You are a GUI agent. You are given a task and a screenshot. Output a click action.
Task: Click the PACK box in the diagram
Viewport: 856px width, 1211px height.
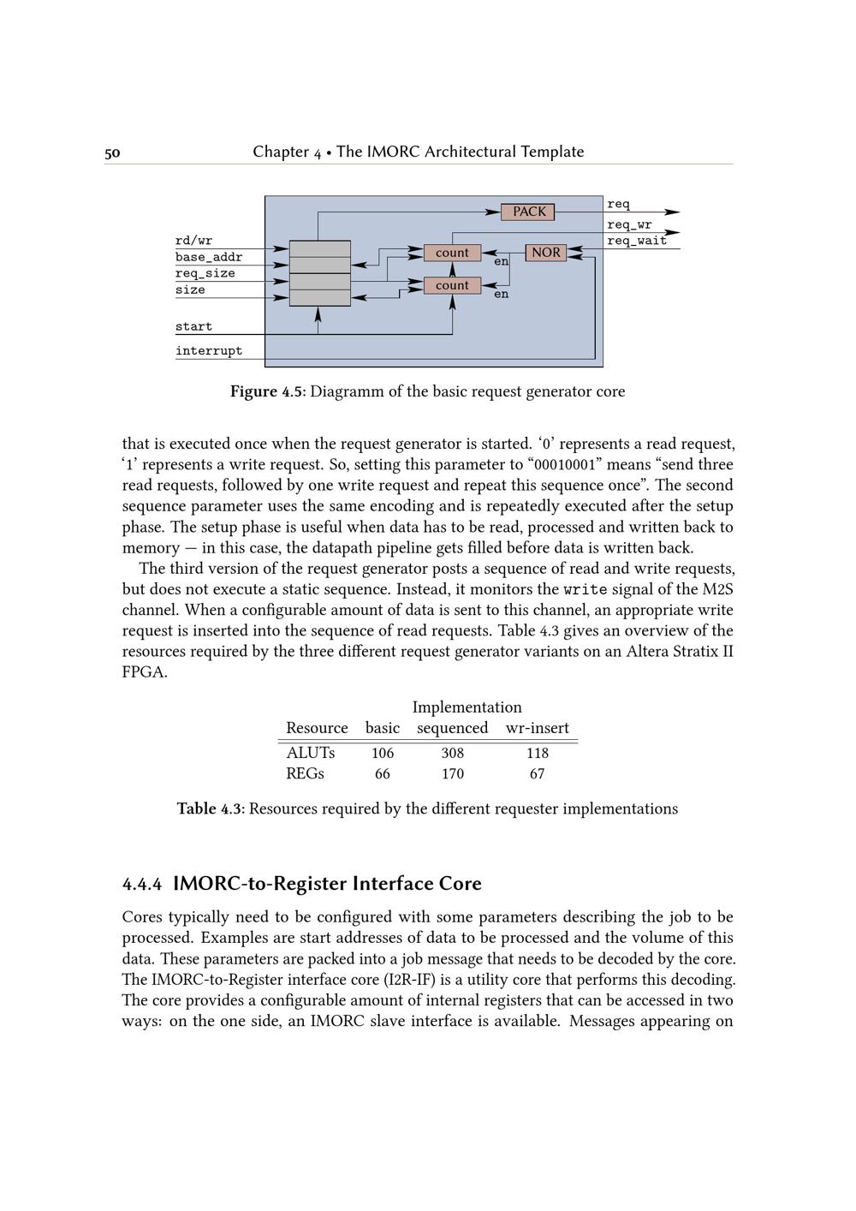coord(529,212)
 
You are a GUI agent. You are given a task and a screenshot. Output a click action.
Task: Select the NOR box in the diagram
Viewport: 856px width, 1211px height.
coord(546,253)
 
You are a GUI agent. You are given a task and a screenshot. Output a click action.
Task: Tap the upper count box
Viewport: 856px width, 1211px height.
coord(452,253)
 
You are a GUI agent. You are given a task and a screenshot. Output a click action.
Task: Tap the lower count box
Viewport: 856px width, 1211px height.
coord(452,285)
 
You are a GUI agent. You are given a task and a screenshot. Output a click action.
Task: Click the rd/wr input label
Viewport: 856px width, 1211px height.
coord(193,241)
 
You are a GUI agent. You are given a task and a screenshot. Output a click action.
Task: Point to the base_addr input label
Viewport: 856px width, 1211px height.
coord(209,257)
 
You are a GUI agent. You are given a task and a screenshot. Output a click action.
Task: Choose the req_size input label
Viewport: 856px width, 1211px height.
coord(205,273)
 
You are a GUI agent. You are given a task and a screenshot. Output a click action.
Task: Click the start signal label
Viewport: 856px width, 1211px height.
coord(193,326)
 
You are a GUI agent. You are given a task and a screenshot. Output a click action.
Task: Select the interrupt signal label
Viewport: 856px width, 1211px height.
coord(209,350)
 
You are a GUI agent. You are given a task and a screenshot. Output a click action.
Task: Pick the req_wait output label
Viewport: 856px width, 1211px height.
coord(637,241)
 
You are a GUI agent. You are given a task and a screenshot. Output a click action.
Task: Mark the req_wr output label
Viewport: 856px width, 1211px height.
coord(629,225)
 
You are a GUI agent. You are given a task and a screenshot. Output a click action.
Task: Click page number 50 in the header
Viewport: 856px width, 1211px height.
coord(112,153)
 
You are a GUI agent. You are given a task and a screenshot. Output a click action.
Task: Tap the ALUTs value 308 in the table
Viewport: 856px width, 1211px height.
coord(453,753)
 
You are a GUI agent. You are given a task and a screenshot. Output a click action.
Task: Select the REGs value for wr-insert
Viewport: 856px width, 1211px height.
coord(537,773)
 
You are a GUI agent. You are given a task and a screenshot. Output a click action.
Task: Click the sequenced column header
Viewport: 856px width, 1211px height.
coord(452,728)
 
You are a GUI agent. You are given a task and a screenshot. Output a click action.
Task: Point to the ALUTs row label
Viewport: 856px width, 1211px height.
coord(310,753)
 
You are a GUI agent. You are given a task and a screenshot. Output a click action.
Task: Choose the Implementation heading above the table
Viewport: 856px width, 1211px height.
coord(467,707)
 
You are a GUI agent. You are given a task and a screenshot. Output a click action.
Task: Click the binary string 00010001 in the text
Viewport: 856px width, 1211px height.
coord(564,465)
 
